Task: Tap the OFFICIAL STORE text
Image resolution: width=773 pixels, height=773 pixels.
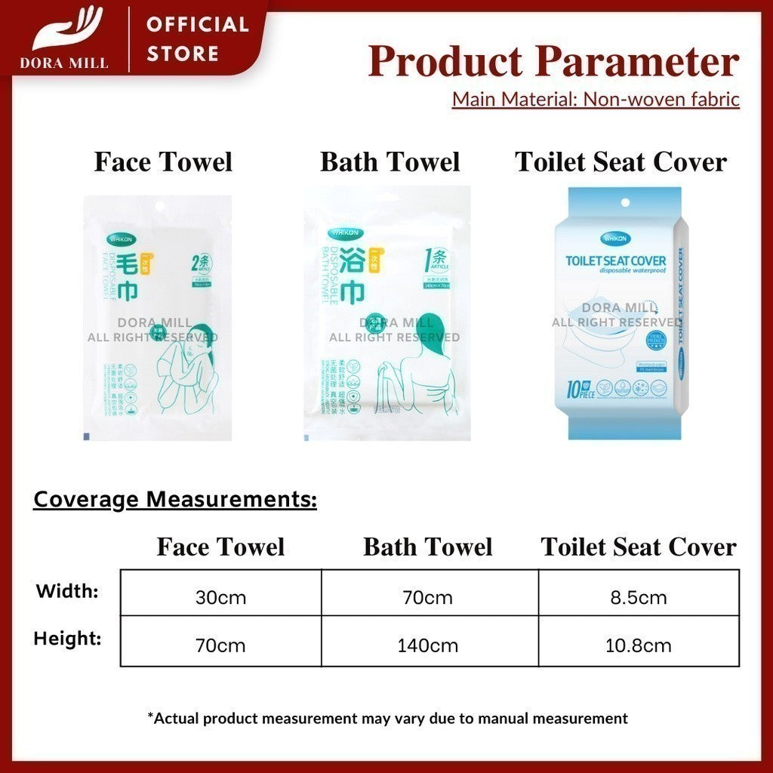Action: coord(197,39)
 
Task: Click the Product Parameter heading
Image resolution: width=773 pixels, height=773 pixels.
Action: coord(553,62)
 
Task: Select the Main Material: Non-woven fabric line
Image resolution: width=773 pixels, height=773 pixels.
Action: coord(596,100)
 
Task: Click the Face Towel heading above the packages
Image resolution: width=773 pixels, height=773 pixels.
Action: coord(163,162)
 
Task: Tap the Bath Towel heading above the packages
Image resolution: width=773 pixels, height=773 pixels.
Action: coord(390,162)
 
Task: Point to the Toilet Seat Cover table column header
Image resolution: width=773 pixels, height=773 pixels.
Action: coord(639,547)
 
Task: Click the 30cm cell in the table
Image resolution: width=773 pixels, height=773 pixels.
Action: coord(221,598)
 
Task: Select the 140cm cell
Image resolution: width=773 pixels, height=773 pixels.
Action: coord(428,645)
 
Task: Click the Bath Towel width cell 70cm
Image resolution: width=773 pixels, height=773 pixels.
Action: coord(428,598)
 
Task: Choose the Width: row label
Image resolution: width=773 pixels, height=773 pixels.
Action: coord(67,591)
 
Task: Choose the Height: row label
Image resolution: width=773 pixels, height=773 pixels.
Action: coord(67,639)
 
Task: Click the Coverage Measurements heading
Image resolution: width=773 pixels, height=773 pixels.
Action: coord(175,500)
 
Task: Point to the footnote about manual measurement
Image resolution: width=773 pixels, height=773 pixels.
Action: coord(387,718)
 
